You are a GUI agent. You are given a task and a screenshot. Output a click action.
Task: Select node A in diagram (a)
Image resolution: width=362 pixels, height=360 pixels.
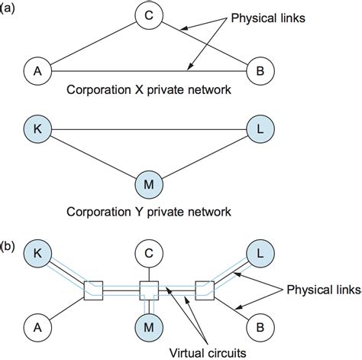(x=34, y=71)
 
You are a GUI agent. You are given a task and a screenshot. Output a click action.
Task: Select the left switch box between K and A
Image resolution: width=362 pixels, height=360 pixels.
(x=91, y=290)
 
